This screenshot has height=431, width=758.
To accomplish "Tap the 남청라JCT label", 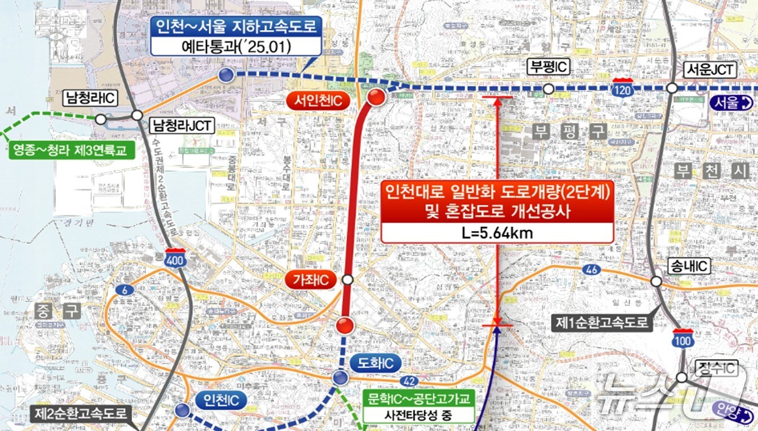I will coord(182,125).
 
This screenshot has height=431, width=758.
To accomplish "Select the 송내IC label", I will coord(689,266).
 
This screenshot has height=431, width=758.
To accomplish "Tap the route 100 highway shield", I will coord(683,338).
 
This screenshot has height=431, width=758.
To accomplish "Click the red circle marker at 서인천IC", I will coord(376,98).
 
